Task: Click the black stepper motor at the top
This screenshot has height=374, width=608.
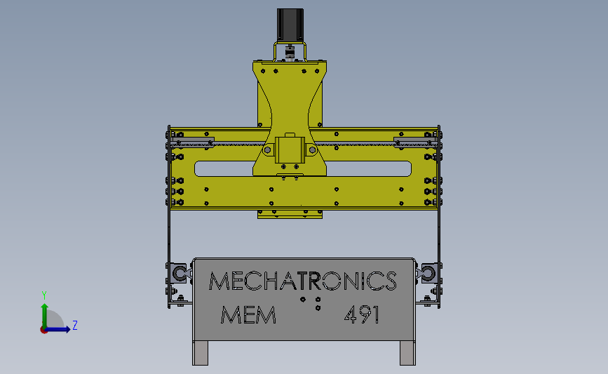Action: click(x=290, y=25)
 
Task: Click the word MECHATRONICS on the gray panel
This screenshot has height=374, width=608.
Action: click(x=303, y=281)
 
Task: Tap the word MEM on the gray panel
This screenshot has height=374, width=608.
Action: click(x=248, y=314)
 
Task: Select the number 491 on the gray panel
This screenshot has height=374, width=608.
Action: click(x=362, y=314)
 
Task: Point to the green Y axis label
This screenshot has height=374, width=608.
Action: click(x=44, y=295)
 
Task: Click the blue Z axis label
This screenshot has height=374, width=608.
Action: click(x=75, y=325)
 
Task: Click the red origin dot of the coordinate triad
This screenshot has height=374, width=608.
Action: click(x=43, y=330)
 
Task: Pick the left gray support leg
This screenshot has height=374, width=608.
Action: click(x=200, y=353)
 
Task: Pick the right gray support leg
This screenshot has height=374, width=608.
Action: click(x=407, y=353)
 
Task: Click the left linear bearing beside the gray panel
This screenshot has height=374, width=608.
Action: click(x=180, y=273)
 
